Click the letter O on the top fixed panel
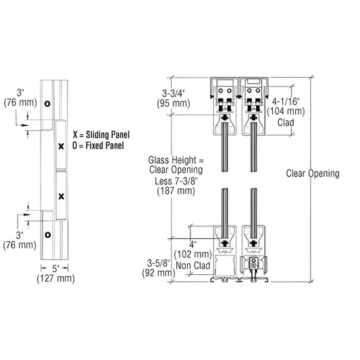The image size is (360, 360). [47, 104]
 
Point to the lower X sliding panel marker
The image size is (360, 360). [61, 197]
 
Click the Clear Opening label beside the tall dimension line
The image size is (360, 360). [313, 173]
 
